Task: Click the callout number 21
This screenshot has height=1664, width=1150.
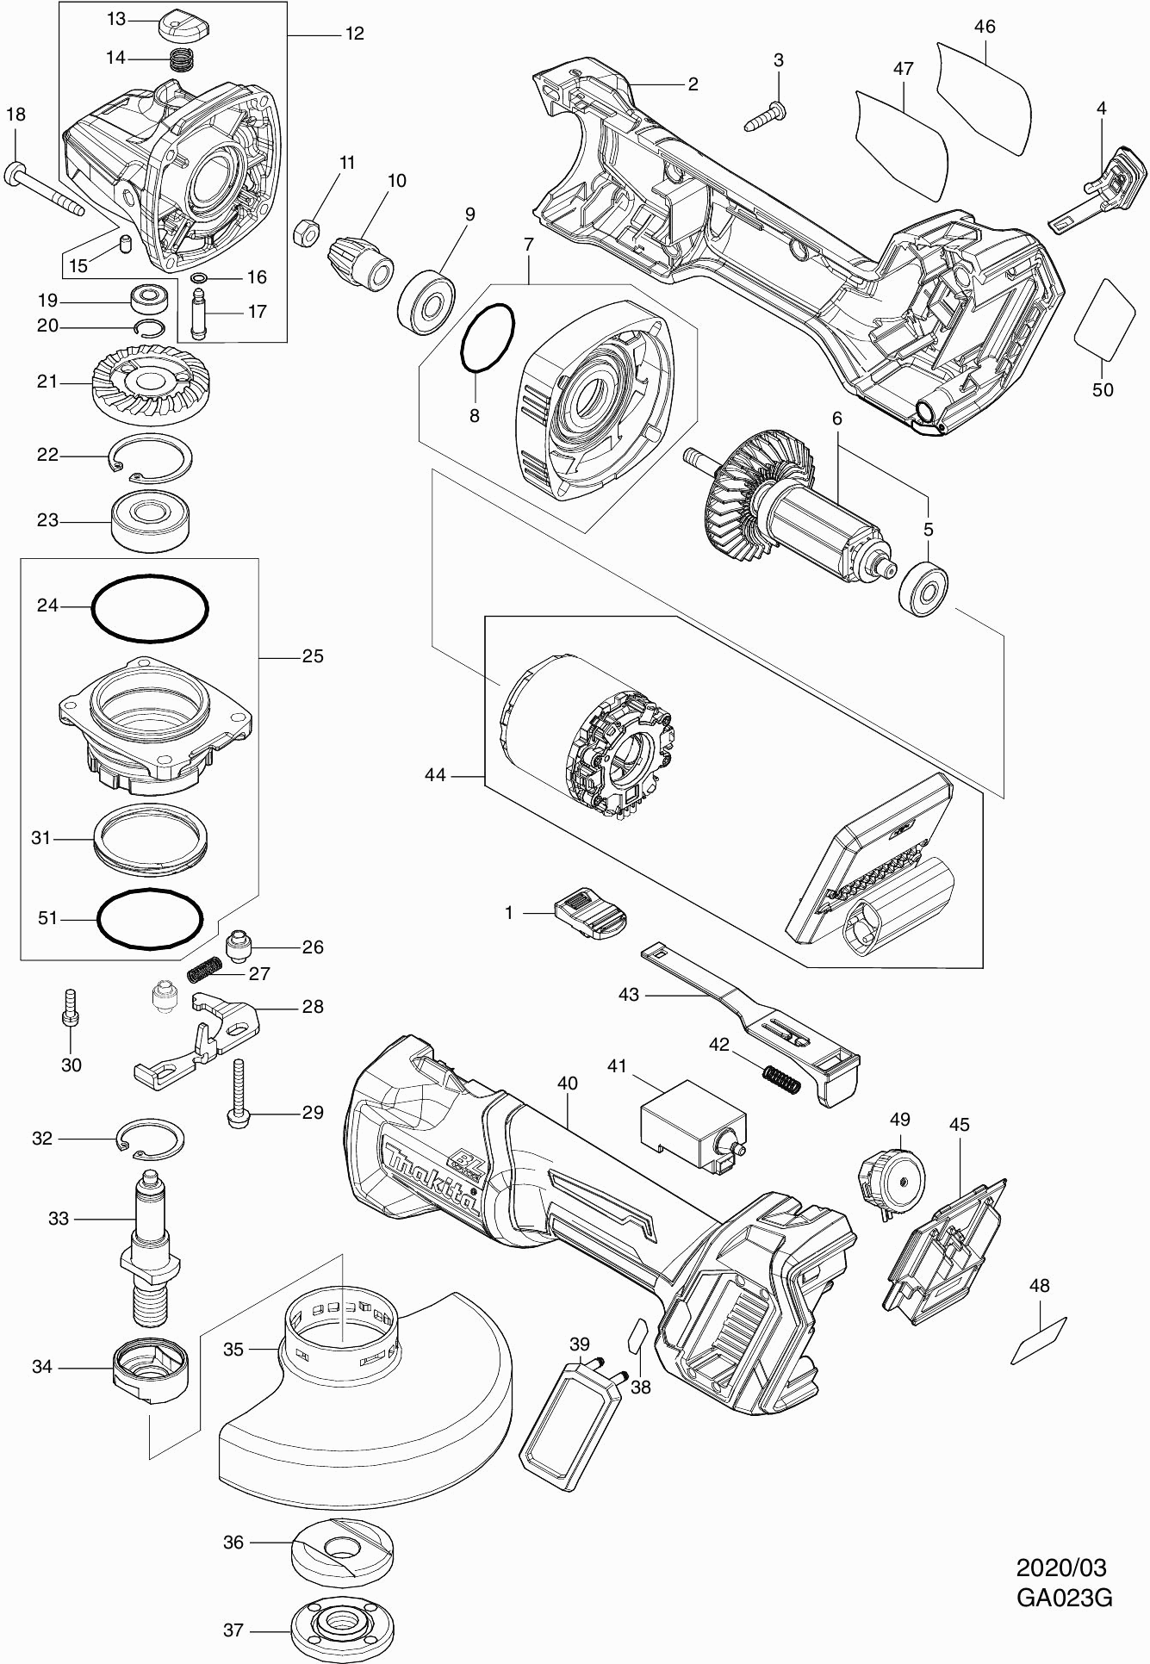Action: coord(47,382)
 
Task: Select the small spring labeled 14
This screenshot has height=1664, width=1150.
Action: coord(180,60)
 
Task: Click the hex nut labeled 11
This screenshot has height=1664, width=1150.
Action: coord(308,230)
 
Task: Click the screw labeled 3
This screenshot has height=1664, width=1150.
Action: coord(765,116)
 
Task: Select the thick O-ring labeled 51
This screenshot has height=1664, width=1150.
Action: coord(150,919)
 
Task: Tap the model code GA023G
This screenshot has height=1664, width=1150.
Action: coord(1064,1598)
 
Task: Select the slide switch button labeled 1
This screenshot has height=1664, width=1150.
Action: coord(590,914)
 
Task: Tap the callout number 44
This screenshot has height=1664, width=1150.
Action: coord(436,775)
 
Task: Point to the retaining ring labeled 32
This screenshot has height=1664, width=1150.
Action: coord(149,1140)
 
